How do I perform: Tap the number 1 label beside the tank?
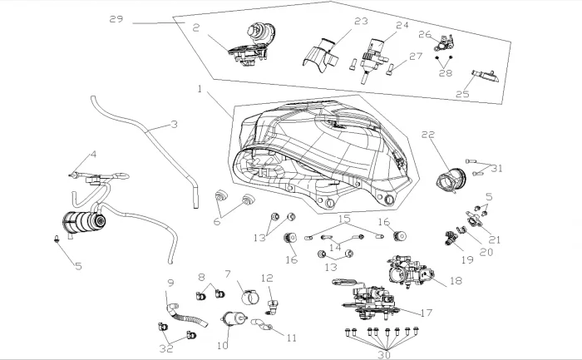coord(200,87)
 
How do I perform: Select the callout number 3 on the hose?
coord(174,126)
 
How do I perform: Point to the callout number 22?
coord(429,135)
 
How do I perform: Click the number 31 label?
coord(497,168)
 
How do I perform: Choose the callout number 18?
coord(455,282)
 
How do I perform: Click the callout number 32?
coord(166,349)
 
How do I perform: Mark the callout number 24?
coord(402,25)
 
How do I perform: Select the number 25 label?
coord(462,95)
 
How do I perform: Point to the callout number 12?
coord(267,279)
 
